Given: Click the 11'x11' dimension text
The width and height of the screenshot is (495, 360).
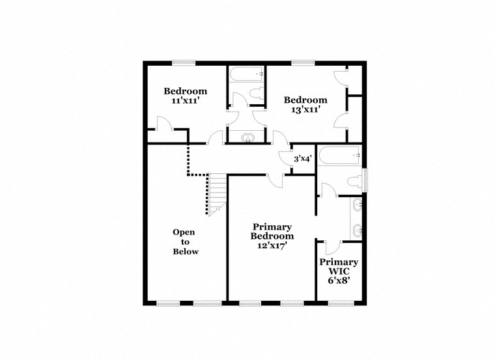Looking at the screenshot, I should click(x=185, y=102).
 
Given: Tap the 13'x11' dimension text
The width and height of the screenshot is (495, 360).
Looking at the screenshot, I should click(x=305, y=110).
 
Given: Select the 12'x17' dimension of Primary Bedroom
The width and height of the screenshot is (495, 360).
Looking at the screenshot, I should click(x=272, y=245).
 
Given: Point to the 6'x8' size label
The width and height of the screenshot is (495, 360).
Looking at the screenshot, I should click(x=338, y=282).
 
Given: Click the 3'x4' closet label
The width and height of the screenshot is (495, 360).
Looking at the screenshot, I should click(x=302, y=158).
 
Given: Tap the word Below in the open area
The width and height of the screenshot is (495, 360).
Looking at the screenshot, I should click(x=185, y=251).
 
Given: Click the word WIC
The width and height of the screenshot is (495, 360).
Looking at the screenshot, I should click(x=338, y=272).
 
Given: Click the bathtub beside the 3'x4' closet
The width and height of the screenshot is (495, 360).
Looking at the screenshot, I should click(x=339, y=156).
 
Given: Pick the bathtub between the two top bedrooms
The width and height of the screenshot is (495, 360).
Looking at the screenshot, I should click(x=246, y=74).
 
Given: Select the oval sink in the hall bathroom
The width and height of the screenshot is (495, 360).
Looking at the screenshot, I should click(x=248, y=137).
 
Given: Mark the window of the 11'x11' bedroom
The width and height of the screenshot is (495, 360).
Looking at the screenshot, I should click(x=184, y=62).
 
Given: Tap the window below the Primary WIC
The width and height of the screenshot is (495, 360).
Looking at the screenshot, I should click(x=338, y=303).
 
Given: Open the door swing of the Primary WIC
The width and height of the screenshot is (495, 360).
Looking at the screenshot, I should click(x=332, y=247).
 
